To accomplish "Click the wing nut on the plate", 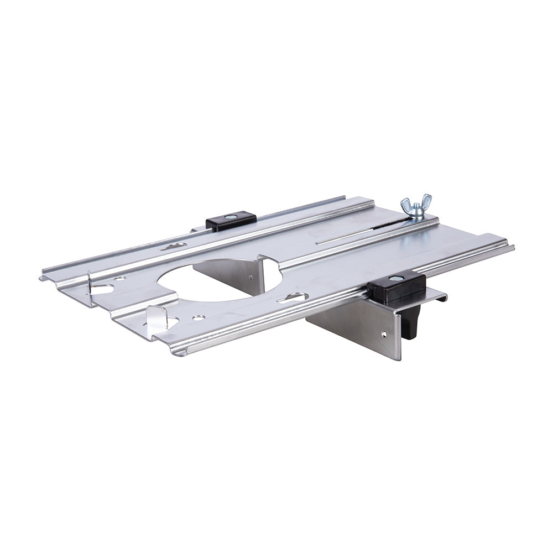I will click(416, 207).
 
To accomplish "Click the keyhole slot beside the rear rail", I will click(173, 247).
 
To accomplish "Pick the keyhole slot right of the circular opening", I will click(293, 298).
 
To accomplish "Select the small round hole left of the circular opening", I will click(120, 278).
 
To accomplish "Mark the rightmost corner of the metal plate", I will click(513, 247).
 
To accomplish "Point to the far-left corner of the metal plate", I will click(41, 277).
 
